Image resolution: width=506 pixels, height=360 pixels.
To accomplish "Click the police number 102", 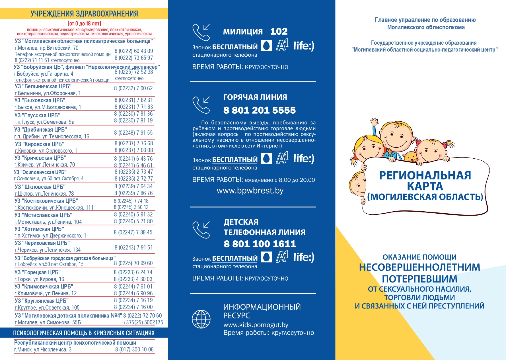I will tap(279, 31).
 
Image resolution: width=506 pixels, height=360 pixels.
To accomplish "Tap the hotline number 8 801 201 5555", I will tap(259, 110).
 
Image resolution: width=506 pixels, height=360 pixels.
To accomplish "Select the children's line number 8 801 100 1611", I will tap(260, 244).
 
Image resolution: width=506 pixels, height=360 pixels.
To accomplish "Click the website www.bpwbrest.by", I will tap(250, 191).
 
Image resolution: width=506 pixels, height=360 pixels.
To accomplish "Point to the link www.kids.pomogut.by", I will tap(256, 325).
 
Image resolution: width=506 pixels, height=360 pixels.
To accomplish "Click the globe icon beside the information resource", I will tap(201, 319).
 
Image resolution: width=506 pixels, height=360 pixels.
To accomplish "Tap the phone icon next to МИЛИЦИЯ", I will tap(201, 32).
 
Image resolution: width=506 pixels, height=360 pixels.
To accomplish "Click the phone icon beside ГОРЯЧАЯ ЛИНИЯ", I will tap(201, 105).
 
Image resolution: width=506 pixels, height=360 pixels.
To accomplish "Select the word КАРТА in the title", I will tap(425, 186).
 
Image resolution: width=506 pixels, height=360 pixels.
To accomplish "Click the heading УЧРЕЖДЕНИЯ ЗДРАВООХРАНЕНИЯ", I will tap(84, 14).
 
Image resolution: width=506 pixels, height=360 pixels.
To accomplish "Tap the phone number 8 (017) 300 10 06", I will tap(134, 349).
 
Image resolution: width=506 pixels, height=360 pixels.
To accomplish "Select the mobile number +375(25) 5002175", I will tap(143, 322).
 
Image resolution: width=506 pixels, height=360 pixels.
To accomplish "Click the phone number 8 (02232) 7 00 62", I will tap(133, 88).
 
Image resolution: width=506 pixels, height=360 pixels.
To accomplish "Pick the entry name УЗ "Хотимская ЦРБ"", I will tap(39, 229).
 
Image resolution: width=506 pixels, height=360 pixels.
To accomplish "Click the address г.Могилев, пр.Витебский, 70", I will tap(46, 48).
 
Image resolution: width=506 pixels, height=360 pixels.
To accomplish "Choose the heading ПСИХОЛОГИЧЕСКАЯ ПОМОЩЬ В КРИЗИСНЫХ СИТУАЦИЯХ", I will tap(84, 333).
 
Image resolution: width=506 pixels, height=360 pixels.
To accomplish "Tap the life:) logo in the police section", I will tap(304, 46).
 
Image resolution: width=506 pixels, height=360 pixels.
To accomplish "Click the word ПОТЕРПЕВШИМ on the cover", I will tap(419, 279).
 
